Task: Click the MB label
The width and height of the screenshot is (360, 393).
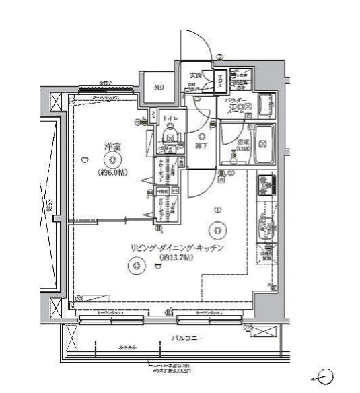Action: tap(159, 87)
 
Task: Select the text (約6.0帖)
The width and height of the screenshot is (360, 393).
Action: tap(112, 172)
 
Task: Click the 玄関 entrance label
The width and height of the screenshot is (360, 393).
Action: tap(196, 73)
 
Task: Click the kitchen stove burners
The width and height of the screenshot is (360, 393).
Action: tap(266, 182)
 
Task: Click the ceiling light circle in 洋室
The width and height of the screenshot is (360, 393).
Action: tap(112, 159)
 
